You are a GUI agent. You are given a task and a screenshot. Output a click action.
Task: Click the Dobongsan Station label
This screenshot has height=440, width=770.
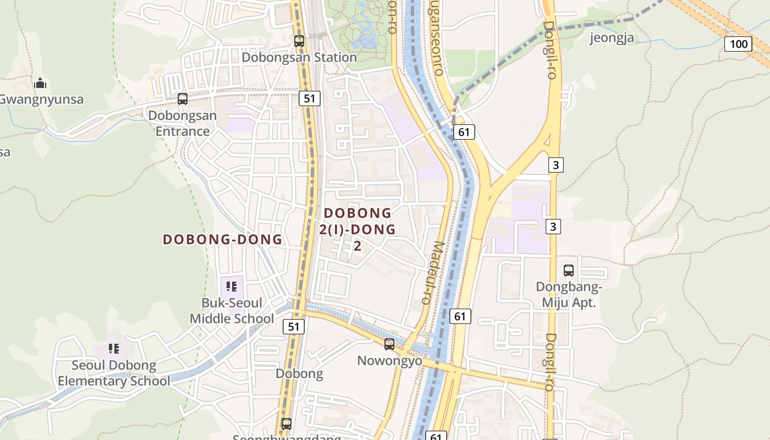(x=299, y=57)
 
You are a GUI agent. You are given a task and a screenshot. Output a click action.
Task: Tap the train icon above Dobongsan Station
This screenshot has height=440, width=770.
(x=299, y=41)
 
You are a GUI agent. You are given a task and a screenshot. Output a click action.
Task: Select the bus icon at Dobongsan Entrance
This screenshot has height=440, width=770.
(x=183, y=99)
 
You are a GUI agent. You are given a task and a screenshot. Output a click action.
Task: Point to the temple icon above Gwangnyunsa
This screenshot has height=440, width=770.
(x=40, y=84)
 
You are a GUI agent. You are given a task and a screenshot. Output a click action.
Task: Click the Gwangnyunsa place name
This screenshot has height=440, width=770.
(x=41, y=100)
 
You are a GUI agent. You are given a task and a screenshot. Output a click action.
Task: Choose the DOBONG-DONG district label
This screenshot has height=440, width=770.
(x=223, y=239)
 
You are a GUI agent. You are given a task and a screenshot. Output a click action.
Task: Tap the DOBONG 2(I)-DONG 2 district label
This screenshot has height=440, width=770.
(x=358, y=229)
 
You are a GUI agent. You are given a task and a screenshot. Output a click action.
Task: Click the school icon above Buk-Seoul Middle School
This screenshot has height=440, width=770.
(x=232, y=286)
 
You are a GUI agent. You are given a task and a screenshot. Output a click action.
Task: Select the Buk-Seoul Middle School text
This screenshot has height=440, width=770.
(x=232, y=311)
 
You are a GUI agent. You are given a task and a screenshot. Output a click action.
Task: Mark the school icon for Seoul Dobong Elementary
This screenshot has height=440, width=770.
(x=114, y=348)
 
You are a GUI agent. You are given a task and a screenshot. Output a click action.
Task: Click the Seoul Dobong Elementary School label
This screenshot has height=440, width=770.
(x=114, y=373)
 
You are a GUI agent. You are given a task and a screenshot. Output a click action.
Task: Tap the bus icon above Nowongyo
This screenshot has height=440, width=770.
(x=389, y=344)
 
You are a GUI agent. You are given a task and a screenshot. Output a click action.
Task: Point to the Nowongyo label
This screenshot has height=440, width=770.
(x=389, y=361)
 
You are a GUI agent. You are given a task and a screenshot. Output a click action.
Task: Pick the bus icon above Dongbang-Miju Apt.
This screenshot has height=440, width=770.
(x=569, y=271)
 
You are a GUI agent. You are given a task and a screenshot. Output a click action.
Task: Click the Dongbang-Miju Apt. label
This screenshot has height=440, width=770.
(x=569, y=294)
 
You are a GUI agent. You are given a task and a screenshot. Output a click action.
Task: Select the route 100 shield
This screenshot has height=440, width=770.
(x=738, y=44)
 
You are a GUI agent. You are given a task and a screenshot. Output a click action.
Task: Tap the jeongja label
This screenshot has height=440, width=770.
(x=612, y=37)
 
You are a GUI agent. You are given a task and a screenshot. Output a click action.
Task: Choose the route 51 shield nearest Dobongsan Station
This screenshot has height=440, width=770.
(x=310, y=98)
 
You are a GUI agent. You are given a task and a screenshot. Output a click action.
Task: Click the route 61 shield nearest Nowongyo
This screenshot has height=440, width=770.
(x=460, y=316)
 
